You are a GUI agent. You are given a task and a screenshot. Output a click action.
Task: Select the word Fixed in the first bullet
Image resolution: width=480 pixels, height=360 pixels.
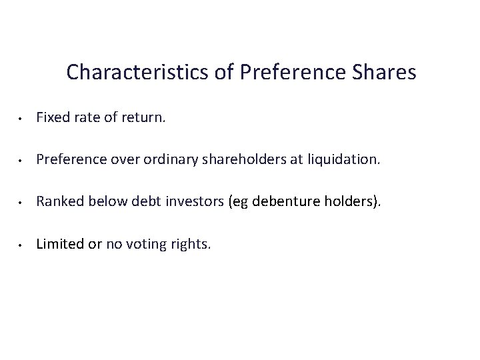[x=50, y=118]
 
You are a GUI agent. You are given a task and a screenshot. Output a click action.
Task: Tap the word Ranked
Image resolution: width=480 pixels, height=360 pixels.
[x=56, y=202]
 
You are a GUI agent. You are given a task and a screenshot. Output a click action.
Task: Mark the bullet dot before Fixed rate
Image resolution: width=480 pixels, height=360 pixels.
[x=22, y=119]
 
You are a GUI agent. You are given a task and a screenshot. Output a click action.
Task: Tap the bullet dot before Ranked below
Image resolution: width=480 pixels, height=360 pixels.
[x=22, y=203]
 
